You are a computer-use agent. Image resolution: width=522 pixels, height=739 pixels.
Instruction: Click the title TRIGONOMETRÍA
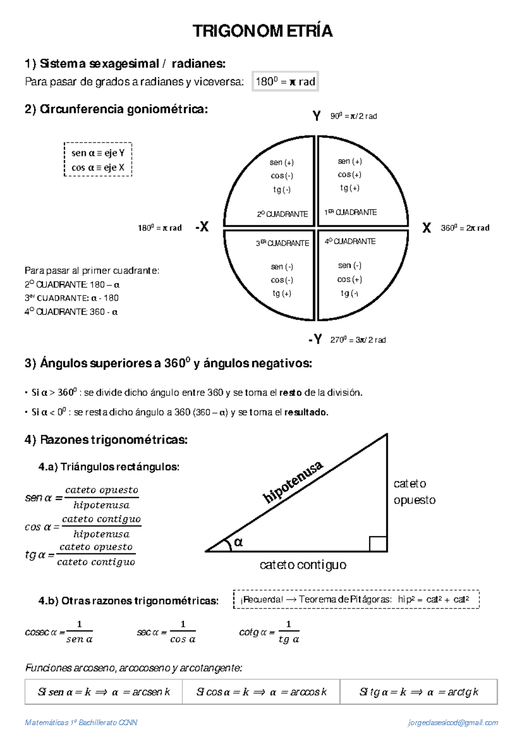[262, 31]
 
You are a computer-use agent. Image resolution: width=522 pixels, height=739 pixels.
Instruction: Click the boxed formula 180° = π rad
[285, 81]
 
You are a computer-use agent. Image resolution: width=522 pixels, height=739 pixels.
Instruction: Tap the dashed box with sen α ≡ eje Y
[98, 160]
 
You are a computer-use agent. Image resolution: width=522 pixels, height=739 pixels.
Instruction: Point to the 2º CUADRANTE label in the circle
[282, 214]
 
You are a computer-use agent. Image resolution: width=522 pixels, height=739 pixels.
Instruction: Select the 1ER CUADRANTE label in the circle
[350, 212]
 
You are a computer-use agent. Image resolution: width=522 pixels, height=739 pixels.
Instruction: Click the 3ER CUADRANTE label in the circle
[282, 243]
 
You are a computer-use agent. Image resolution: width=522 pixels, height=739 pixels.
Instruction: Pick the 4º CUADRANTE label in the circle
[350, 241]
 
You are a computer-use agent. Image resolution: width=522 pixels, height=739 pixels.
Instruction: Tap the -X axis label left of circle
[202, 227]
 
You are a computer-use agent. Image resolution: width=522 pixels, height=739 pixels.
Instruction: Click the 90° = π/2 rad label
[353, 116]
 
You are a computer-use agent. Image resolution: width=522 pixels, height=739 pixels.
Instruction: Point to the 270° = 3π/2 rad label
[358, 340]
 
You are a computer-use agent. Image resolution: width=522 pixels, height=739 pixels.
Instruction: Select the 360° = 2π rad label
[465, 228]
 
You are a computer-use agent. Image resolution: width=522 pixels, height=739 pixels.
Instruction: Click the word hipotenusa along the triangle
[293, 481]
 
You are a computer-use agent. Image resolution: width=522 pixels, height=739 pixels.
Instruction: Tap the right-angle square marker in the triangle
[378, 544]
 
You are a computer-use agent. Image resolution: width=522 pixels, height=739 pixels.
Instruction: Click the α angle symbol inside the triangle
[238, 542]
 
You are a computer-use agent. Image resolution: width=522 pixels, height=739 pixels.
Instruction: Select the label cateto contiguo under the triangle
[303, 565]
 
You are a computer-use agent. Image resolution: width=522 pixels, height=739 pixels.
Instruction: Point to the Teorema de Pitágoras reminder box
[356, 599]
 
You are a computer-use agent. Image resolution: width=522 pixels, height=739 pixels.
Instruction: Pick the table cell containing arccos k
[261, 692]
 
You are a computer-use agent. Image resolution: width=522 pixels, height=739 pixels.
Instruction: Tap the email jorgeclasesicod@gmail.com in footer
[453, 723]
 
